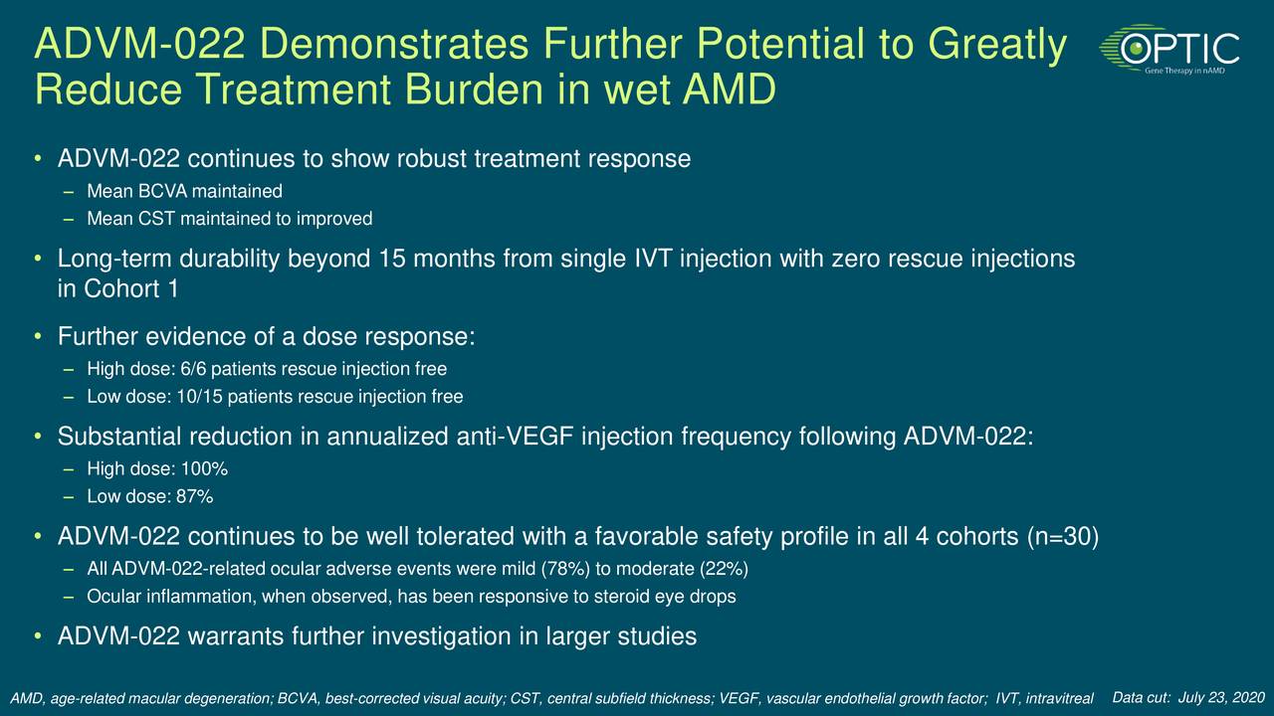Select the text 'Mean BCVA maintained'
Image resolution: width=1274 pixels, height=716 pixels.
(184, 191)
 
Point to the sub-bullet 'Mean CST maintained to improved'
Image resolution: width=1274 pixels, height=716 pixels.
(229, 219)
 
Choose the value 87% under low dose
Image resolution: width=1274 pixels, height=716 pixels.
(195, 497)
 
